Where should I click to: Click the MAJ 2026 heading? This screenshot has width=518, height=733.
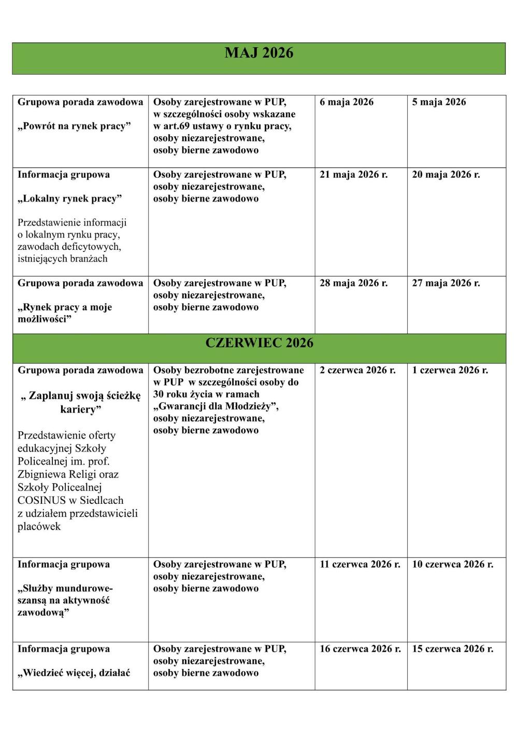pos(259,53)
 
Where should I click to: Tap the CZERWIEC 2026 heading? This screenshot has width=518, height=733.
pos(259,343)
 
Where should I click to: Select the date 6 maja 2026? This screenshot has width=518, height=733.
pos(347,102)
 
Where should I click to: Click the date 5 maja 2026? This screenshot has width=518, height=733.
pos(439,102)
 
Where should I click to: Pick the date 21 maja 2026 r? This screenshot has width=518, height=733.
pos(354,175)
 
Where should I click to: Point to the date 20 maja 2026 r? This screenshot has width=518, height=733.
pos(446,175)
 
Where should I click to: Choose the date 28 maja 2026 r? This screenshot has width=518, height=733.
pos(354,283)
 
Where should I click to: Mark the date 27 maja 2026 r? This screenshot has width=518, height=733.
pos(446,283)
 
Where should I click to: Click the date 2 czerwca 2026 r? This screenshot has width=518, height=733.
pos(357,370)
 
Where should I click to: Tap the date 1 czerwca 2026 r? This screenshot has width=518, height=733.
pos(450,370)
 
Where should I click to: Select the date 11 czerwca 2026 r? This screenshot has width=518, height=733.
pos(360,564)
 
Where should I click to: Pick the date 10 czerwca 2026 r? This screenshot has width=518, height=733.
pos(453,564)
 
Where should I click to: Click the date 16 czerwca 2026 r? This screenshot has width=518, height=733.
pos(360,649)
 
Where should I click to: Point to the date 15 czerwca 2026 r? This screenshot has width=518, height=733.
pos(453,649)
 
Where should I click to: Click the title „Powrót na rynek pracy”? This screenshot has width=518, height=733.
pos(74,126)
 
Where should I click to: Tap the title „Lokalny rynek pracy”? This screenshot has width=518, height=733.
pos(70,199)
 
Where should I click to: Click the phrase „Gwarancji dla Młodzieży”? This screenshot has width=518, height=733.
pos(216,406)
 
